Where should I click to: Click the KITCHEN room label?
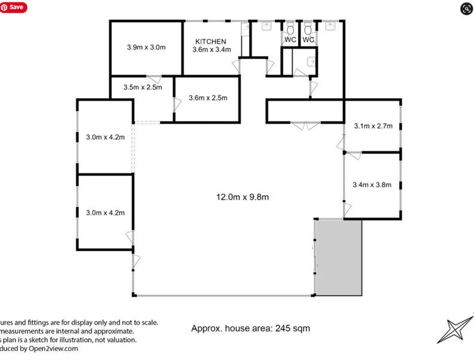(x=210, y=41)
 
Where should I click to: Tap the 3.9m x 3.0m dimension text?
(x=146, y=47)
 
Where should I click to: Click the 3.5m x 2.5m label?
(x=142, y=87)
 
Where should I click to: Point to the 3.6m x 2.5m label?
(x=208, y=98)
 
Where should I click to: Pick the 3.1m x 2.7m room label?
(x=373, y=126)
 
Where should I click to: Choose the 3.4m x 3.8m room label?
(x=372, y=185)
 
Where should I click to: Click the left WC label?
(x=290, y=40)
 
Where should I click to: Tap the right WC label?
(x=308, y=40)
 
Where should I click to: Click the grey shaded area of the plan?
(x=339, y=257)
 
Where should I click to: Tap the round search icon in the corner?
(x=466, y=8)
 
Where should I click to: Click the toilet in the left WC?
(x=290, y=29)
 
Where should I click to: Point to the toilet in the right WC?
(x=308, y=29)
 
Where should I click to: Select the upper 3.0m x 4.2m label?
(x=105, y=137)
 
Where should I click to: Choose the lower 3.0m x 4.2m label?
(x=105, y=212)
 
